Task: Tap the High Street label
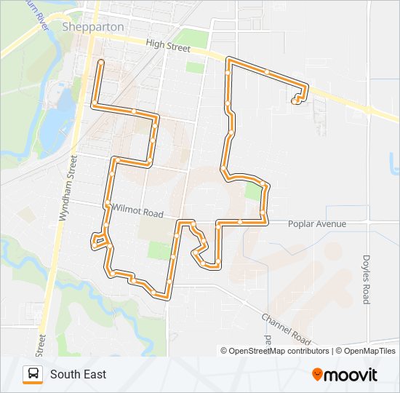point(167,45)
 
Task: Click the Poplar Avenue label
point(317,223)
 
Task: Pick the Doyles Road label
point(366,279)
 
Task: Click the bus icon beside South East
point(33,374)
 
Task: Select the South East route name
point(78,374)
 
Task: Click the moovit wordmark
point(351,375)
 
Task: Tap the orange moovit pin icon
point(317,375)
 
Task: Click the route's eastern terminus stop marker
point(295,101)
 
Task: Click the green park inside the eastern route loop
point(252,192)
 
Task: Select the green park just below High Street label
point(195,67)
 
